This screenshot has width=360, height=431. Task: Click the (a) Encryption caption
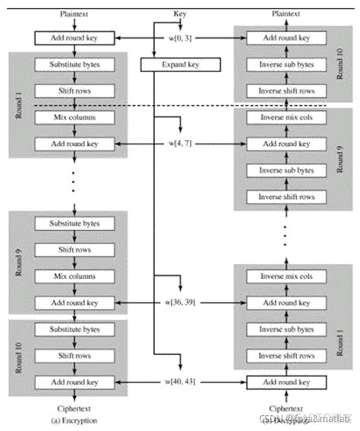[74, 420]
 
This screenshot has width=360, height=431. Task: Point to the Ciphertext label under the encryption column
[74, 408]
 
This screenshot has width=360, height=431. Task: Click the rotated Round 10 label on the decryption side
[343, 65]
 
